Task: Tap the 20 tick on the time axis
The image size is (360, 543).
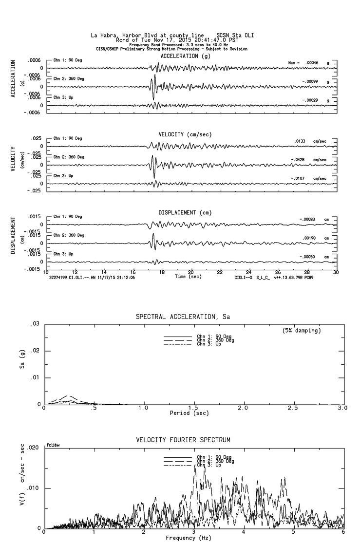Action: pyautogui.click(x=191, y=272)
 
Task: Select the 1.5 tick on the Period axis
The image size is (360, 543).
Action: pyautogui.click(x=193, y=408)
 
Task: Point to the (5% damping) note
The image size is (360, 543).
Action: pyautogui.click(x=302, y=331)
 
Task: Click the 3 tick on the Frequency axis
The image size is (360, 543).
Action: pyautogui.click(x=193, y=532)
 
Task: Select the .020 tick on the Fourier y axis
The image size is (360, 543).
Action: pyautogui.click(x=37, y=448)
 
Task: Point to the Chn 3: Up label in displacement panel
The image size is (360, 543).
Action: pyautogui.click(x=63, y=254)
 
